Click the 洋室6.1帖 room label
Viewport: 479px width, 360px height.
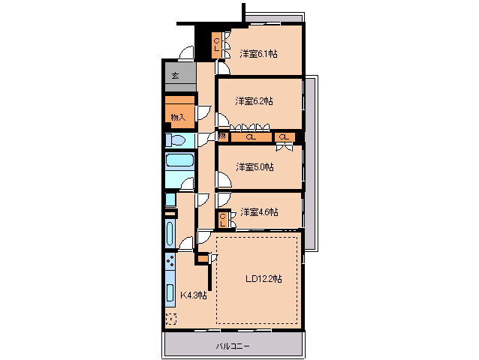pos(258,54)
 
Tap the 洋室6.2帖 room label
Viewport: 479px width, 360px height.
pos(255,100)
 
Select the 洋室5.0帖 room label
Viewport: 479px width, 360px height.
pos(255,167)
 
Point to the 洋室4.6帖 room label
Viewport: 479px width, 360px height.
pos(259,211)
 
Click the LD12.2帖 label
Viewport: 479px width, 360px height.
pos(264,278)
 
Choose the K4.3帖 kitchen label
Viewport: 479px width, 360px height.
pos(194,295)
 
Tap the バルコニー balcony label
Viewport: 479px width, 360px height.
pos(233,346)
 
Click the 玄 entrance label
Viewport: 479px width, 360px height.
pos(175,75)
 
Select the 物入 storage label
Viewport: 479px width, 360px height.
pos(178,117)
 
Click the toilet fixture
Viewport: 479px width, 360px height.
pos(176,141)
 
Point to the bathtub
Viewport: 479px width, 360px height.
pos(179,160)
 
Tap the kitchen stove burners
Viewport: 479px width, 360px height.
pos(170,261)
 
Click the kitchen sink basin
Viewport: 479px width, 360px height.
pos(170,292)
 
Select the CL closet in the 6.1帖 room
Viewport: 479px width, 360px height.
pos(216,44)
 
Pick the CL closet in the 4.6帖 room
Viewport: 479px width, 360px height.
pos(222,220)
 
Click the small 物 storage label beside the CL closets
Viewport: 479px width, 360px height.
pos(222,136)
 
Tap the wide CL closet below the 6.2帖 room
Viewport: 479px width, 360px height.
pos(251,137)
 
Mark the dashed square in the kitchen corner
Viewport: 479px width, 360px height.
pos(171,319)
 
